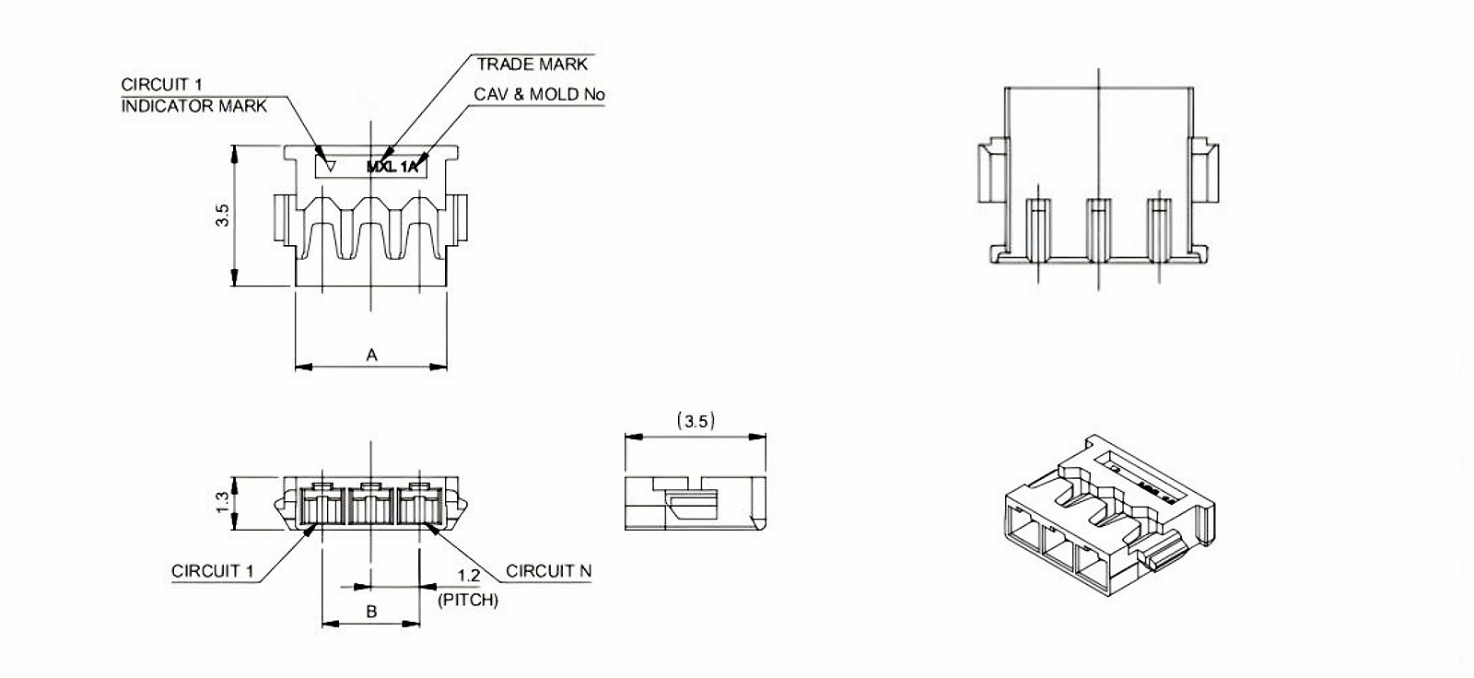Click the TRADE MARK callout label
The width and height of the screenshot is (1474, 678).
[x=532, y=64]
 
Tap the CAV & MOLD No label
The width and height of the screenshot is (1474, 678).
[x=539, y=94]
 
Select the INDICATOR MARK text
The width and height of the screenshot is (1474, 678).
[x=193, y=106]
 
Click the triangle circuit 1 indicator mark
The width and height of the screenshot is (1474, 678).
[x=330, y=167]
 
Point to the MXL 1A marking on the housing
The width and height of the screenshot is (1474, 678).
[x=392, y=167]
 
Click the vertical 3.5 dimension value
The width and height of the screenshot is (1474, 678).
[x=222, y=216]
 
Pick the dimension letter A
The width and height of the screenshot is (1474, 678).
[x=371, y=355]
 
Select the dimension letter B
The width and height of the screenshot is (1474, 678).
[x=371, y=612]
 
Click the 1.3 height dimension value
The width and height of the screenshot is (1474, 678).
[x=222, y=503]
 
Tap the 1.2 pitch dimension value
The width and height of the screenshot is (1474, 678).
[x=469, y=577]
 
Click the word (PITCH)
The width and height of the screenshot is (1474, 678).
[x=468, y=600]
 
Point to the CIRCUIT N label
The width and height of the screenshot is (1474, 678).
[x=548, y=571]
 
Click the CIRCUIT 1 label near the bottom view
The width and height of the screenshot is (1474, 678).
[x=212, y=571]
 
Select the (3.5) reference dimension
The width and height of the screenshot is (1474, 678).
[x=696, y=421]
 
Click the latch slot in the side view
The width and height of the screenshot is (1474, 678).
[x=691, y=505]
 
